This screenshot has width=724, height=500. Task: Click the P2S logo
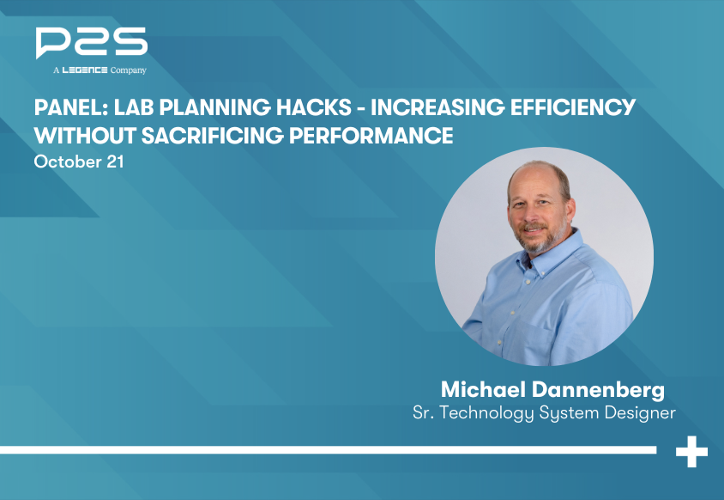[x=91, y=43]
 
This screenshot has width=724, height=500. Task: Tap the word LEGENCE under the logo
[x=84, y=70]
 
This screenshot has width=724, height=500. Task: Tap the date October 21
[x=79, y=162]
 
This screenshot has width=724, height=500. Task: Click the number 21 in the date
[x=113, y=162]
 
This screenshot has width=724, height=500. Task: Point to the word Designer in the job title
[x=635, y=413]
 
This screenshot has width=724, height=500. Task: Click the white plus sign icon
[x=691, y=451]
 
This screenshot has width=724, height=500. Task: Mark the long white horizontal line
[x=326, y=449]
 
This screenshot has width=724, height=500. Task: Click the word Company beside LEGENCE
[x=129, y=70]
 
